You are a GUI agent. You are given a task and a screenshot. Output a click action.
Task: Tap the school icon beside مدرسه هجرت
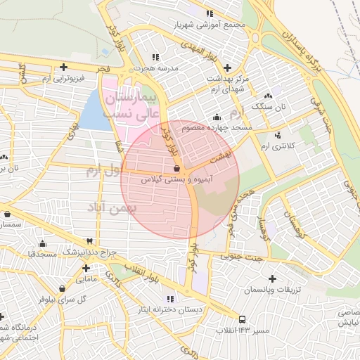155,56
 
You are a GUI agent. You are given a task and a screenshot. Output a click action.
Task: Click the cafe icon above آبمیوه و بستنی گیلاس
176,169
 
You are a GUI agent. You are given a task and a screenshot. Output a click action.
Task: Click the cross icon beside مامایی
86,268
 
